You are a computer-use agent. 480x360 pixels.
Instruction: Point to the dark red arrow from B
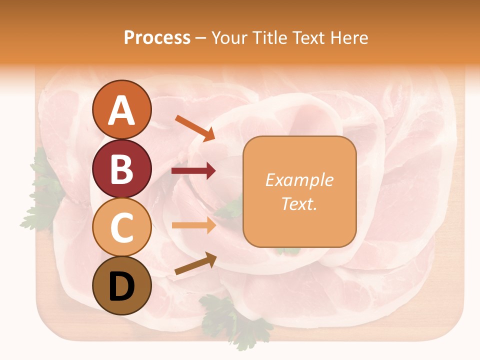pos(193,171)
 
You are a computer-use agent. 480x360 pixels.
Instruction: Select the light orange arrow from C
pos(193,225)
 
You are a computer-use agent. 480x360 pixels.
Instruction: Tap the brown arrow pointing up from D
pos(195,263)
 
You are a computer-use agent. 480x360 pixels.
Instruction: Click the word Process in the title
pos(157,37)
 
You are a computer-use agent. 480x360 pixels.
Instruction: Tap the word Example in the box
pos(299,180)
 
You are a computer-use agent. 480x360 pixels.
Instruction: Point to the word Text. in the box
pos(299,203)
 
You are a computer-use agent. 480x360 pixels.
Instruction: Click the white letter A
pos(121,110)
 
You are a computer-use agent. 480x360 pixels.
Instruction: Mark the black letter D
pos(121,286)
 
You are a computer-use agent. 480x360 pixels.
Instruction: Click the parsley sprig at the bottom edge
pos(235,320)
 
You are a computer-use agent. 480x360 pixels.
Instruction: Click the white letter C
pos(121,227)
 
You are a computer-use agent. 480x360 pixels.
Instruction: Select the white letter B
pos(121,169)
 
